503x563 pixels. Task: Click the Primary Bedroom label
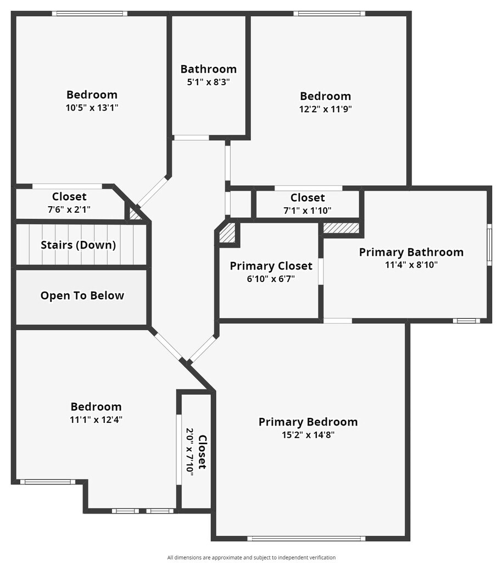pyautogui.click(x=308, y=422)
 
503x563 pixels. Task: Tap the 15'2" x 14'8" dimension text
pyautogui.click(x=308, y=434)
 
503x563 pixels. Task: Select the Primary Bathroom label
pyautogui.click(x=411, y=252)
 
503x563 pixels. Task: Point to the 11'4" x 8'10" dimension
pyautogui.click(x=411, y=264)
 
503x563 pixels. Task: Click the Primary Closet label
pyautogui.click(x=271, y=266)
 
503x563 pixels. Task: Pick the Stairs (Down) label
pyautogui.click(x=78, y=245)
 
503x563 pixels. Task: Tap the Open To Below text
pyautogui.click(x=82, y=296)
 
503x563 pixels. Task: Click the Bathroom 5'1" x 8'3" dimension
pyautogui.click(x=209, y=82)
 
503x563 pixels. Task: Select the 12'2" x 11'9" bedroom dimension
pyautogui.click(x=326, y=109)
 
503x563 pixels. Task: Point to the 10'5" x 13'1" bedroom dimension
pyautogui.click(x=92, y=108)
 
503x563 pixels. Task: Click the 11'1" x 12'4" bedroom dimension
pyautogui.click(x=96, y=420)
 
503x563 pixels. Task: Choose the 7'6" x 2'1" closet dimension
pyautogui.click(x=69, y=209)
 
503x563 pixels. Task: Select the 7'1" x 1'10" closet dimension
pyautogui.click(x=308, y=210)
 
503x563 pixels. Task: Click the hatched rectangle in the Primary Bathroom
pyautogui.click(x=341, y=228)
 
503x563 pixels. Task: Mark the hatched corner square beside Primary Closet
pyautogui.click(x=227, y=233)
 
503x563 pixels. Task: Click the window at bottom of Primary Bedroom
pyautogui.click(x=306, y=538)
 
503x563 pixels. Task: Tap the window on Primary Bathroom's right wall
pyautogui.click(x=489, y=245)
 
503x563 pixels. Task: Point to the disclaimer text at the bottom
pyautogui.click(x=251, y=558)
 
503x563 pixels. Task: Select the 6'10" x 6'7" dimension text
pyautogui.click(x=271, y=278)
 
